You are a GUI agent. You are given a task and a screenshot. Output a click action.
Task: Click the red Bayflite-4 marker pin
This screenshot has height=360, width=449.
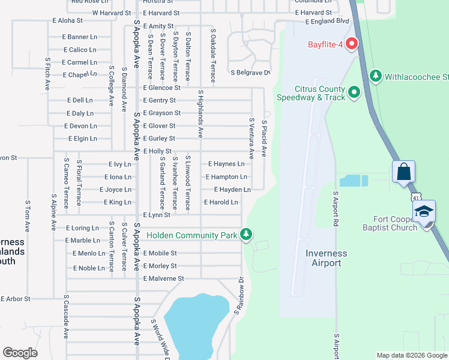coord(351,44)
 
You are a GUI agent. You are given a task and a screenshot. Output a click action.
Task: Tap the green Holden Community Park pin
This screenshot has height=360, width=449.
coord(246,235)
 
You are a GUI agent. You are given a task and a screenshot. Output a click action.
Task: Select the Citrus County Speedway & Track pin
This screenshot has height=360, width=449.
coord(354,92)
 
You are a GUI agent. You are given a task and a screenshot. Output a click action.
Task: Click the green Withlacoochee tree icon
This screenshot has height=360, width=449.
coord(376,76)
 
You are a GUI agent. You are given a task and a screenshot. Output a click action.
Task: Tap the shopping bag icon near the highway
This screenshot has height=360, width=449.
coord(404,172)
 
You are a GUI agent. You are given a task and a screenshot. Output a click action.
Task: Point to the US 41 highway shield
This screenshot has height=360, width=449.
coord(418,197)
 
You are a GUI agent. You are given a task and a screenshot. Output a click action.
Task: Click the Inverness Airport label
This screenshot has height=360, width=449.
coord(326,258)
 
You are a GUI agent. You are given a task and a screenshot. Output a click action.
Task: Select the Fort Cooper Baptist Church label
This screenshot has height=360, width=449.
coord(390,223)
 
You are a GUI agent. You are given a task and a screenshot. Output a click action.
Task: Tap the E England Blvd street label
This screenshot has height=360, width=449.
coord(327,22)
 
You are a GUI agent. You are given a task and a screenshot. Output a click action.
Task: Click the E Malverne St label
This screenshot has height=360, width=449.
coord(163,278)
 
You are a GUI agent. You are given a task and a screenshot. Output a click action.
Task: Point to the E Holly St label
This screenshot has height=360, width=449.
coord(158,151)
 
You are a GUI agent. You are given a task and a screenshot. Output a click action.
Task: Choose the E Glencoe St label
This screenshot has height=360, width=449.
coord(161,88)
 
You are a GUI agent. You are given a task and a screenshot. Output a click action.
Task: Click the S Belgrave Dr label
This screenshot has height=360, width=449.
coord(251,73)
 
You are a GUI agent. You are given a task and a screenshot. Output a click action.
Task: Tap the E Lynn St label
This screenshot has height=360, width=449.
coord(157,215)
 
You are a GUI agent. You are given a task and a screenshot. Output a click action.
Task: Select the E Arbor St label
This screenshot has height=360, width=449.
coord(16,298)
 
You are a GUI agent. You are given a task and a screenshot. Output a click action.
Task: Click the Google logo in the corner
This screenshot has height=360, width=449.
coord(20,352)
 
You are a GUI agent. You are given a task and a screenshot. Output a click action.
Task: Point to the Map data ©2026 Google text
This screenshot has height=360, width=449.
coord(411,355)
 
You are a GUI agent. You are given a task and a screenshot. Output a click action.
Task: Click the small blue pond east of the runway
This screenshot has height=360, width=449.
coord(354,181)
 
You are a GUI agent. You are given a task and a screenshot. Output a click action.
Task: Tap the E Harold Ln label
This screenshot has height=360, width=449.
coord(221,202)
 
